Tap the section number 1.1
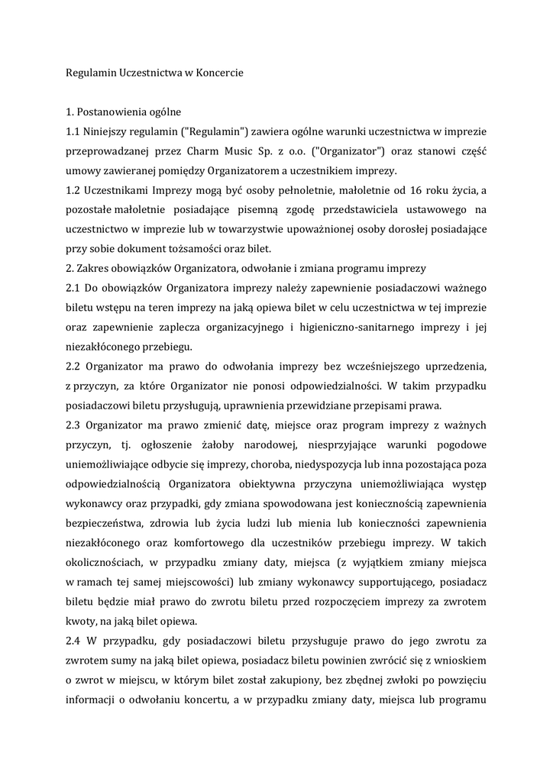[x=73, y=131]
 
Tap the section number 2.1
[x=74, y=288]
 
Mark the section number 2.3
[x=74, y=425]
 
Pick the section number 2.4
[x=74, y=640]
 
